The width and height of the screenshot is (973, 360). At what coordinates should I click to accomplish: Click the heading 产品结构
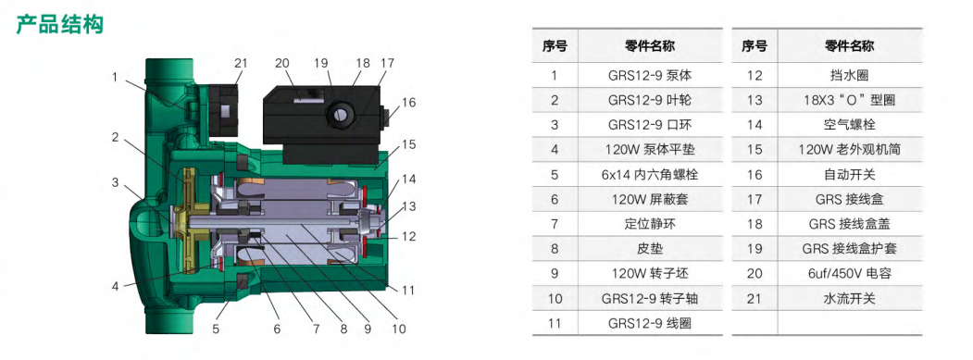(x=59, y=25)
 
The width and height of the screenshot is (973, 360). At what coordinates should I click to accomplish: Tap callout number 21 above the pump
(x=241, y=63)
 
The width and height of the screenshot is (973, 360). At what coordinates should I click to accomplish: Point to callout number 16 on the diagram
(x=408, y=103)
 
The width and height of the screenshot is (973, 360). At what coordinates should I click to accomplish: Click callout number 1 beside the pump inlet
(x=115, y=78)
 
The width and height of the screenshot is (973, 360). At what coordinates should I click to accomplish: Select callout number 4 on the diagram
(x=115, y=287)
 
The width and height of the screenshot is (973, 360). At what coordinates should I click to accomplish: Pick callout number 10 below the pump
(x=398, y=329)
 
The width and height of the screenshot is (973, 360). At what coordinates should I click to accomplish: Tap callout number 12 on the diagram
(x=407, y=236)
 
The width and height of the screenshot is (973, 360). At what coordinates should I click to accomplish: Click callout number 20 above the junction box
(x=282, y=63)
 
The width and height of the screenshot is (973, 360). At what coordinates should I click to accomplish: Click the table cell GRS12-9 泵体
(x=650, y=76)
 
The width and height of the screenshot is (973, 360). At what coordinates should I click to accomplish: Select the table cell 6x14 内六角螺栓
(x=650, y=175)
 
